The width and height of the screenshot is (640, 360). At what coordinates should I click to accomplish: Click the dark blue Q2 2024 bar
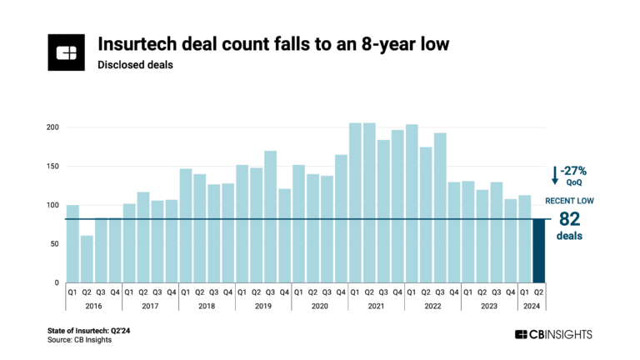(x=538, y=251)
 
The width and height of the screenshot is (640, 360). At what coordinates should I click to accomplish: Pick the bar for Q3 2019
(x=270, y=217)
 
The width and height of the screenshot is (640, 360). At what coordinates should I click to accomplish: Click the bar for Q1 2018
(x=186, y=226)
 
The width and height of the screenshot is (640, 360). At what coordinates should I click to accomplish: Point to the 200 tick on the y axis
(x=52, y=127)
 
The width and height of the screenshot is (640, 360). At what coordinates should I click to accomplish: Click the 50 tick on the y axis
(x=54, y=244)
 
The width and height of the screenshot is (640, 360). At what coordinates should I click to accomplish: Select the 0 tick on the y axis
(x=57, y=283)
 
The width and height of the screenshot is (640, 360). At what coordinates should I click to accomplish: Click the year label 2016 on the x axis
(x=93, y=306)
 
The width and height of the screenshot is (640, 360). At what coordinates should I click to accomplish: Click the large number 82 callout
(x=570, y=219)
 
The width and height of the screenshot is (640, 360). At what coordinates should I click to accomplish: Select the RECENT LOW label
(x=570, y=201)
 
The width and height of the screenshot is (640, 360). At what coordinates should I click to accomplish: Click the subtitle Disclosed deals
(x=135, y=64)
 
